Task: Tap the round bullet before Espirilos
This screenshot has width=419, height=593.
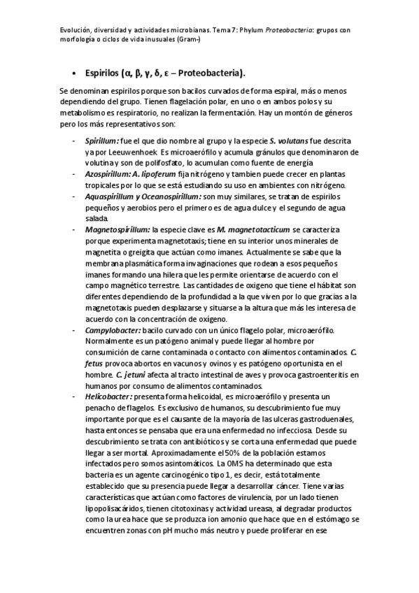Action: coord(74,73)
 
